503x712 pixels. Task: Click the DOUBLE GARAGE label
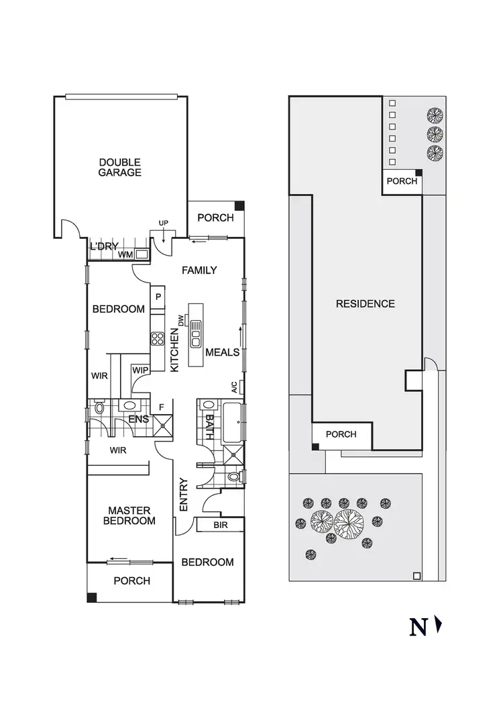(120, 167)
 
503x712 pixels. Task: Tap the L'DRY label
(104, 247)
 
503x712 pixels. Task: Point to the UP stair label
(163, 223)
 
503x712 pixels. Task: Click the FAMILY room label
(200, 270)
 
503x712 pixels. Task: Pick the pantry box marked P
(158, 296)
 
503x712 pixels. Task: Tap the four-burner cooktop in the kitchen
(158, 339)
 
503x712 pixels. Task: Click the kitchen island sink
(196, 334)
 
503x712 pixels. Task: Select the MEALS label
(222, 352)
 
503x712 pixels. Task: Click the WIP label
(140, 370)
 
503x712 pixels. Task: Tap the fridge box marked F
(161, 407)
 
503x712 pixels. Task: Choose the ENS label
(139, 420)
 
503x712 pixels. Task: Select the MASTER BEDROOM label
(132, 515)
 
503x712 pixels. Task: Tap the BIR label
(221, 525)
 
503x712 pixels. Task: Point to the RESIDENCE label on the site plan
(365, 303)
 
